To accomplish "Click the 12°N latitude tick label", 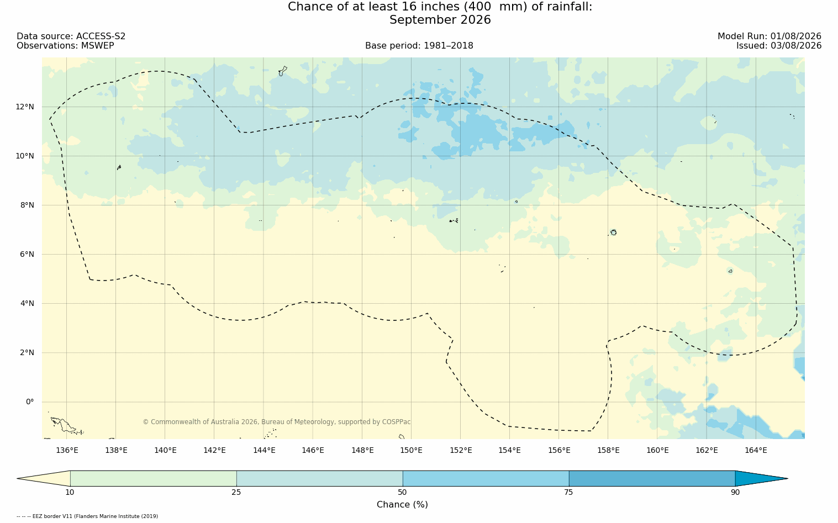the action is (25, 107).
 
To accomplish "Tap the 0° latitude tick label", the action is (30, 402).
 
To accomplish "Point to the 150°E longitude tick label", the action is (411, 450).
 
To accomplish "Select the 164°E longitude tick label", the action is (756, 450).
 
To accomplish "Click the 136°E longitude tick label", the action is (67, 450).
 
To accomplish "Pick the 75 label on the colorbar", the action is (568, 492).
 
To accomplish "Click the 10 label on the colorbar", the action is (70, 492).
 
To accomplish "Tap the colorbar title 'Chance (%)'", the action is (402, 505).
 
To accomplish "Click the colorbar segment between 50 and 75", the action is (486, 478).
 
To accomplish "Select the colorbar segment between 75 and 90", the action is (652, 478).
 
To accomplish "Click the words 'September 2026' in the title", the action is (440, 20).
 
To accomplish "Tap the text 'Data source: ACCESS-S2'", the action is (71, 36).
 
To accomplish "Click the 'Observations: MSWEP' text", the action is (65, 46).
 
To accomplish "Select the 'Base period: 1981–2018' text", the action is (419, 46).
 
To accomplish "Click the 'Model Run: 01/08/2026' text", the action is (769, 36).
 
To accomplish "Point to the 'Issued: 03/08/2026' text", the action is (779, 46).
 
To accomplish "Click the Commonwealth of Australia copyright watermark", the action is (277, 422).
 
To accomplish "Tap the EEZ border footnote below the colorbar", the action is (87, 516).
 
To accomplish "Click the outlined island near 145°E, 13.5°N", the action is (283, 71).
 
